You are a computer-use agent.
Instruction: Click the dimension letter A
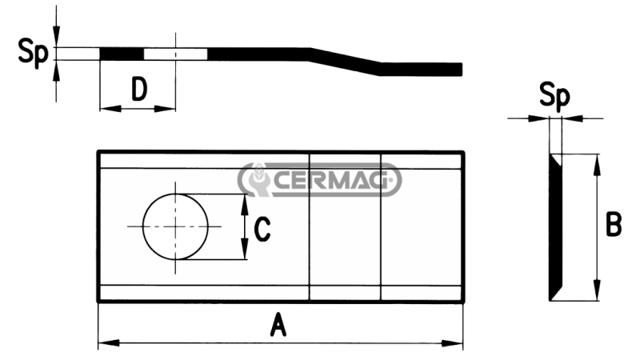tap(278, 326)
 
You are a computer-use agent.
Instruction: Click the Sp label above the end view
tap(554, 97)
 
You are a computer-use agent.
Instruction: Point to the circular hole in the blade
tap(175, 226)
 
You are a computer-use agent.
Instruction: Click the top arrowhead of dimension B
tap(595, 161)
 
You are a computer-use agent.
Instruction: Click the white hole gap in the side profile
tap(175, 53)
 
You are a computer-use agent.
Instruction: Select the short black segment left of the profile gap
tap(121, 53)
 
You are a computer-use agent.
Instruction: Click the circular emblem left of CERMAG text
tap(258, 181)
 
